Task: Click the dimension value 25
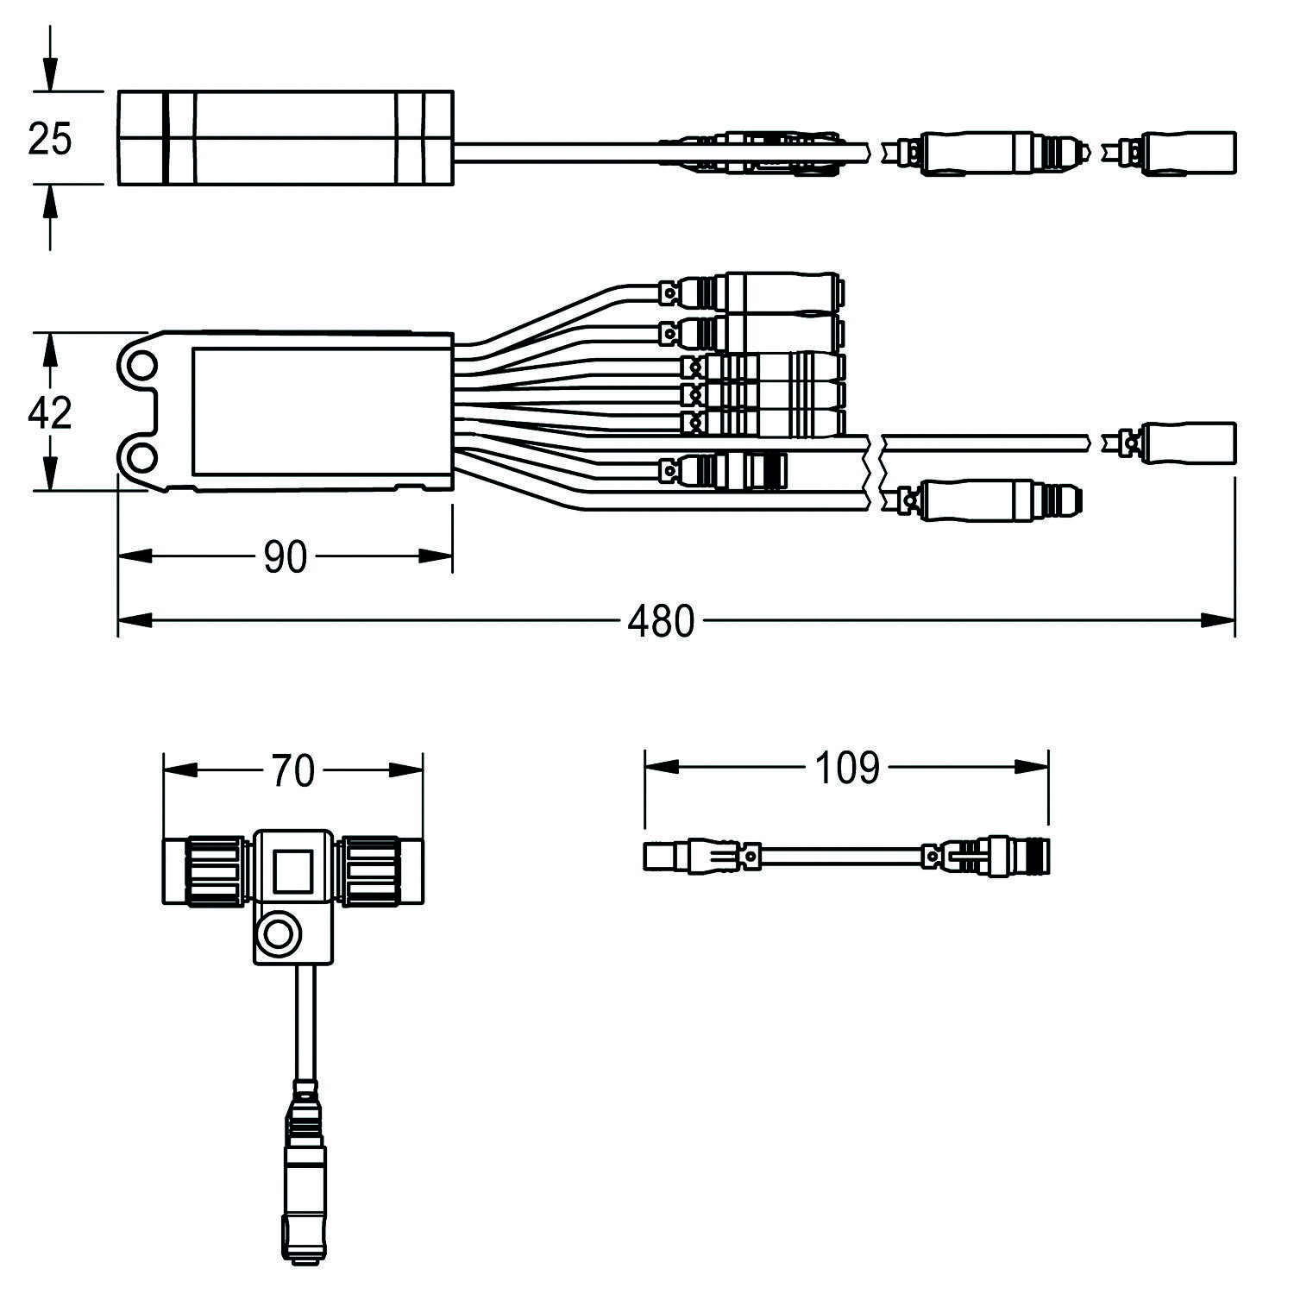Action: click(50, 138)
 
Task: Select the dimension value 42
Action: click(50, 413)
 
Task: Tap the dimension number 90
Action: click(285, 558)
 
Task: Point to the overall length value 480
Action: click(660, 621)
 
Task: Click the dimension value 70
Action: click(293, 770)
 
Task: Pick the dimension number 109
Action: click(847, 768)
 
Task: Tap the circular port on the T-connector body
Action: click(278, 934)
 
